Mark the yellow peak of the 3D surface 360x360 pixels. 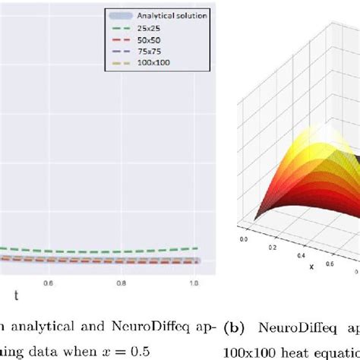[334, 152]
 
